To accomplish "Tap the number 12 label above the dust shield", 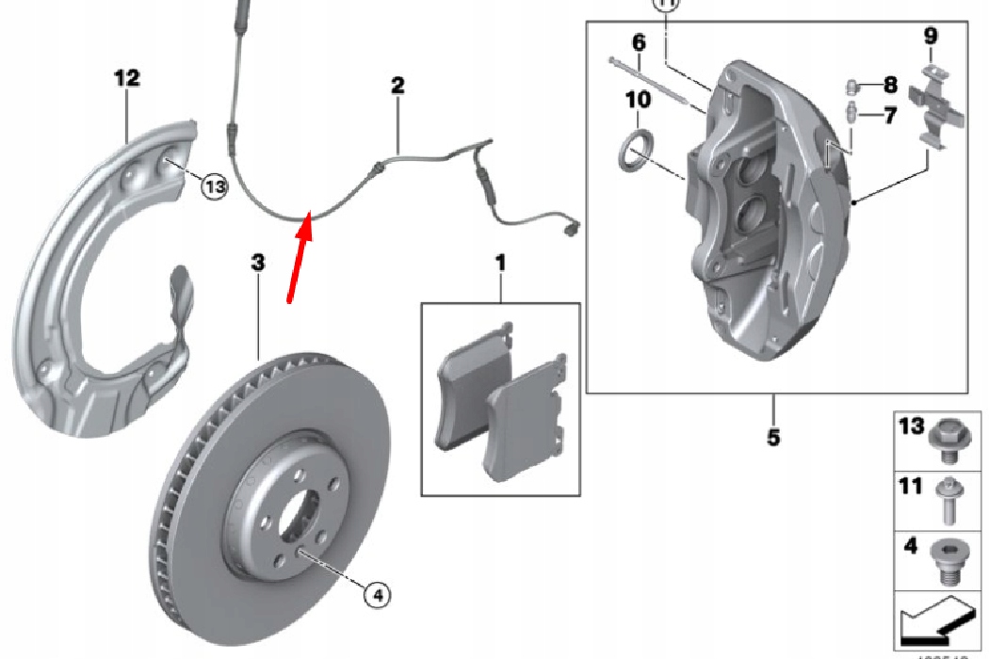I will [x=127, y=79].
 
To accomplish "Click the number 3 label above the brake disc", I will [x=258, y=263].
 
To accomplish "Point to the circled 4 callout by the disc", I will [x=375, y=594].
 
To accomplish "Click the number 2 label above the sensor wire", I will [x=397, y=86].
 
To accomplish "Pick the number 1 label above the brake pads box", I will [x=500, y=263].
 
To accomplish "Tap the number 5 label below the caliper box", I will [x=773, y=438].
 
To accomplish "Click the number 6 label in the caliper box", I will [x=639, y=42].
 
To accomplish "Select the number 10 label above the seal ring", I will [x=638, y=99].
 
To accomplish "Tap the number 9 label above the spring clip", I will [x=931, y=37].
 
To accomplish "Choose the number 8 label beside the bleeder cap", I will [x=890, y=86].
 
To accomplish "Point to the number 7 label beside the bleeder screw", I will [x=890, y=116].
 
